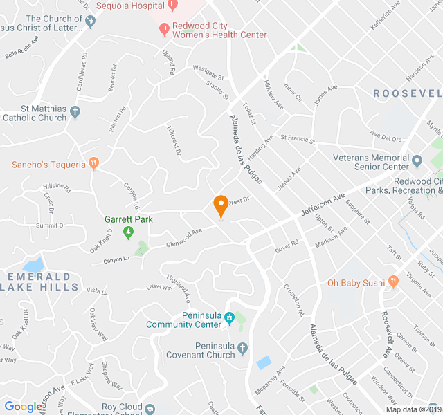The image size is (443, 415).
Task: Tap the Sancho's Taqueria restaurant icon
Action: tap(94, 164)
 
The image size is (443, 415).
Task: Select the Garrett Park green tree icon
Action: tap(127, 232)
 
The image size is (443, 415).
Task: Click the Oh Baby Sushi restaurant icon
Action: tap(394, 282)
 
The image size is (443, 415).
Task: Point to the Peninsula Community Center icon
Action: tap(230, 320)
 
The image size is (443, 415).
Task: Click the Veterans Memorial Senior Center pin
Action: tap(417, 162)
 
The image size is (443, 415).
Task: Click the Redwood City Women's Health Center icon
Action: tap(164, 29)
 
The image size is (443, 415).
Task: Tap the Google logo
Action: tap(23, 407)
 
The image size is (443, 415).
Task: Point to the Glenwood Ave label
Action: tap(184, 238)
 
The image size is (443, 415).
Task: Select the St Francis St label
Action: tap(298, 140)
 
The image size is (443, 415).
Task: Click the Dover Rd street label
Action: tap(287, 246)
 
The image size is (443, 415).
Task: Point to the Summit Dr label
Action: tap(51, 225)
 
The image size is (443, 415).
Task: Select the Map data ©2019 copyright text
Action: tap(412, 409)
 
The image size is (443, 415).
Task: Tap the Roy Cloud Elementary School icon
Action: tap(150, 409)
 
